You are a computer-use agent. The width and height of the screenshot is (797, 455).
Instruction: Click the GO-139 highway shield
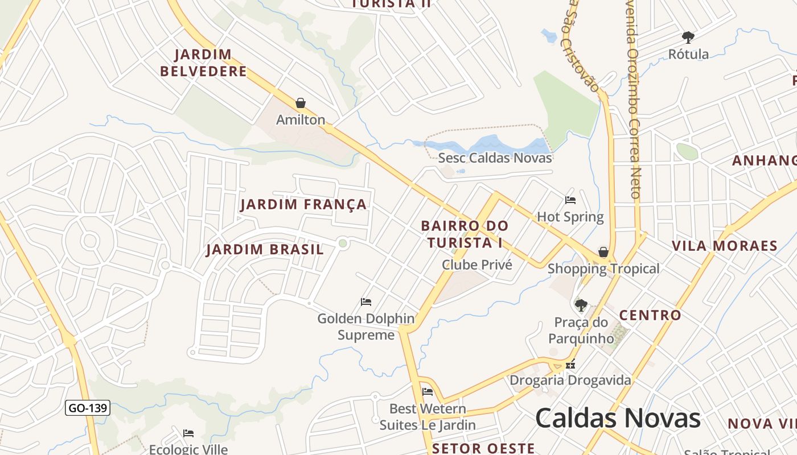87,408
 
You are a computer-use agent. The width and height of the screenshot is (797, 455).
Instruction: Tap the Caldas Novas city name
618,419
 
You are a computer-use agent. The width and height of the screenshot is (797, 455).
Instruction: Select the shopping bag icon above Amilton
301,103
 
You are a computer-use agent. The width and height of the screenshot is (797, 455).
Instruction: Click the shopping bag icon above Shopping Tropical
603,252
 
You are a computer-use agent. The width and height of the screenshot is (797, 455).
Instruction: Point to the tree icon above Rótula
688,38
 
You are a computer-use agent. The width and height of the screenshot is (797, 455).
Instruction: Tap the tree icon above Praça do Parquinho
581,305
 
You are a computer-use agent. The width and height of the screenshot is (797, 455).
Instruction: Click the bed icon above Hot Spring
570,200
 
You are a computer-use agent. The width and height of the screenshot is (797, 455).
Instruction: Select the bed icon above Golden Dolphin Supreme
366,301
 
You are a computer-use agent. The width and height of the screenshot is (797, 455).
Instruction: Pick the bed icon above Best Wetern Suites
428,391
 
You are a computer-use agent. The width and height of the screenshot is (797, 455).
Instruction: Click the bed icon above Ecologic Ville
188,433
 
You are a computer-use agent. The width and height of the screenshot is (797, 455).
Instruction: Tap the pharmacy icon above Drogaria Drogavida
570,364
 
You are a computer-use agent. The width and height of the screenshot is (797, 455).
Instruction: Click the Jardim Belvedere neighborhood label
203,63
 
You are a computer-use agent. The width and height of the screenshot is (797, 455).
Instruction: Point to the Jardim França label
303,205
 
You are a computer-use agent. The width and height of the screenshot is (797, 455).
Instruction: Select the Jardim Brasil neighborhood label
265,250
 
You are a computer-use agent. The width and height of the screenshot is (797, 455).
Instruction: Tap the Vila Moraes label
724,246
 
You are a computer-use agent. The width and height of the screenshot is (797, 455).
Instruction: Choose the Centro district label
650,315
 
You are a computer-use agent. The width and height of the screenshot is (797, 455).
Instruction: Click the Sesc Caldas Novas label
495,158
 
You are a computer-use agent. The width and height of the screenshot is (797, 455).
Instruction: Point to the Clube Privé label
477,265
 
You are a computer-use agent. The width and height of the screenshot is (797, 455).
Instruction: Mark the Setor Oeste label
483,448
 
